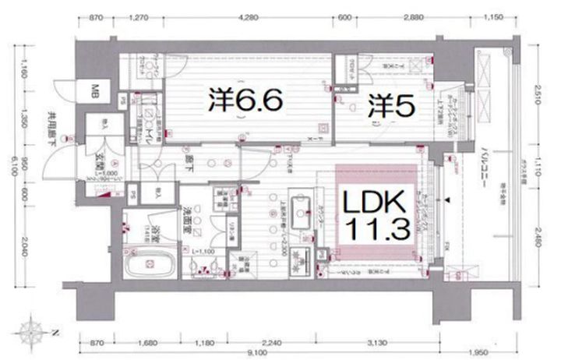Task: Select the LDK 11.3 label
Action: [x=372, y=216]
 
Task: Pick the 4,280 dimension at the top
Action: [x=249, y=17]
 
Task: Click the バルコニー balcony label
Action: [x=485, y=164]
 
